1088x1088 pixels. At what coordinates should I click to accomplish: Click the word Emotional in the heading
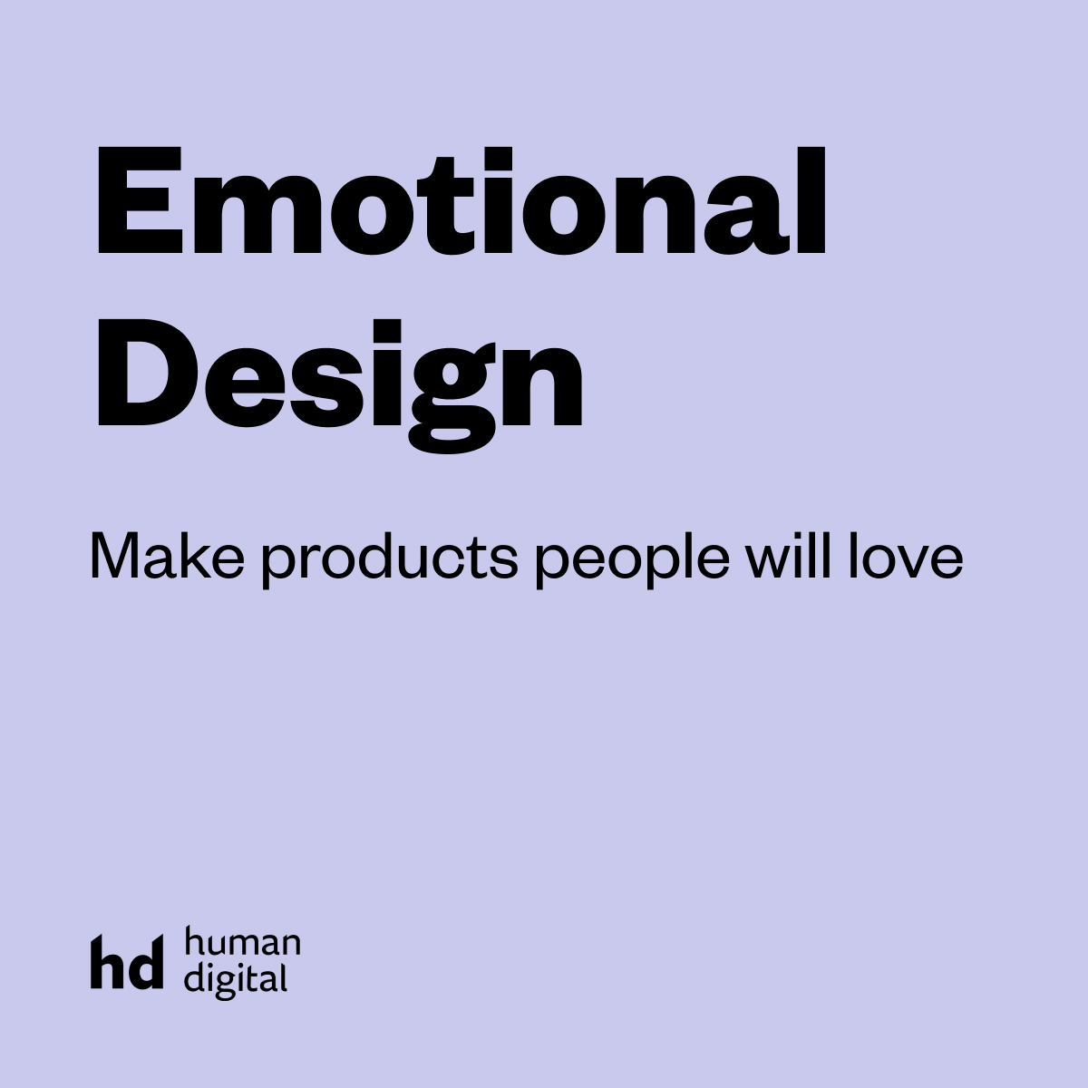point(461,199)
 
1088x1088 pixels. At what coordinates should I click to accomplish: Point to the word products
point(389,560)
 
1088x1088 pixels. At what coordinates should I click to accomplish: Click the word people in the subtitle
point(632,560)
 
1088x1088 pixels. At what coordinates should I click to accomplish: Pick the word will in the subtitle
point(788,556)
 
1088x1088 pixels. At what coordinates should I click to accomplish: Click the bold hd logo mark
point(127,962)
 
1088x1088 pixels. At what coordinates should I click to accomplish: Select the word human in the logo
point(242,942)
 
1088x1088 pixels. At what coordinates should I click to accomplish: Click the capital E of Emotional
point(140,199)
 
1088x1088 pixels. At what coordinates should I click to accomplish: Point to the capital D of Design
point(148,372)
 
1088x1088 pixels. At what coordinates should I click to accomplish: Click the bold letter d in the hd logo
point(145,962)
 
